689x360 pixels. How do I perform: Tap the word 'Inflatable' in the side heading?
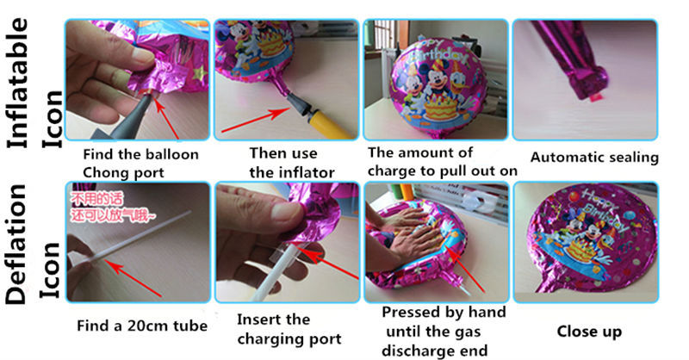(17, 83)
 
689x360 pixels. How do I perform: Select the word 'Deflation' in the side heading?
(17, 245)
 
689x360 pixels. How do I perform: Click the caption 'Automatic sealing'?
(594, 158)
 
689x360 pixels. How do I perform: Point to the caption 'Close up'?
(589, 332)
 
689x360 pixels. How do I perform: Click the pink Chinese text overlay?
(112, 207)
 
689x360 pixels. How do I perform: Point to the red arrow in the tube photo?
(133, 279)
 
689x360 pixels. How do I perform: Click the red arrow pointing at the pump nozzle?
(254, 120)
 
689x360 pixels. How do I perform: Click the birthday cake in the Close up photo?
(580, 249)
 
